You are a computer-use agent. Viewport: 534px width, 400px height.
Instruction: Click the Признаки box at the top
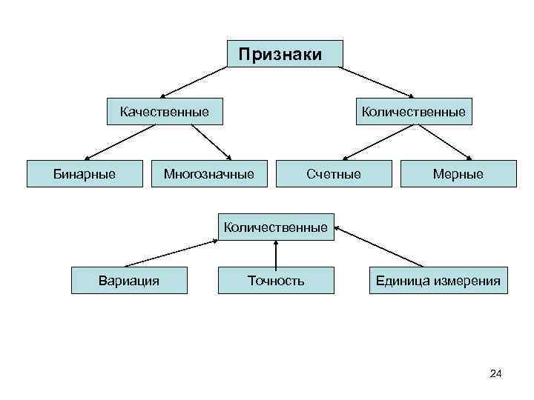coord(285,54)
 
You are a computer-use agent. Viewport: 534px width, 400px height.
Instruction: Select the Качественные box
coord(165,112)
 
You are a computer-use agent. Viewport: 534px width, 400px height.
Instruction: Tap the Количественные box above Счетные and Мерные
coord(413,112)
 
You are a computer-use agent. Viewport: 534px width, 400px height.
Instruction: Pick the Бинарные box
coord(84,174)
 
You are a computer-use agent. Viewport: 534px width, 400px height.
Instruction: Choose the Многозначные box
coord(208,174)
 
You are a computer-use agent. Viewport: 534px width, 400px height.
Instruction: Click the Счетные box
coord(333,174)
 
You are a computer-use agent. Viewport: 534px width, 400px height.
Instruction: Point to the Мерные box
coord(458,174)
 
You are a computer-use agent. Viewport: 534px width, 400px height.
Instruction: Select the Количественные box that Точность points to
coord(275,227)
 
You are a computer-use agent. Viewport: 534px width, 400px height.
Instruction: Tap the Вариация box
coord(129,281)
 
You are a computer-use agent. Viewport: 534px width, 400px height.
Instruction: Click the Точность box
coord(276,281)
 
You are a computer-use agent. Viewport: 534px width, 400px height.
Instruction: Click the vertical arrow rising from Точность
coord(276,254)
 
